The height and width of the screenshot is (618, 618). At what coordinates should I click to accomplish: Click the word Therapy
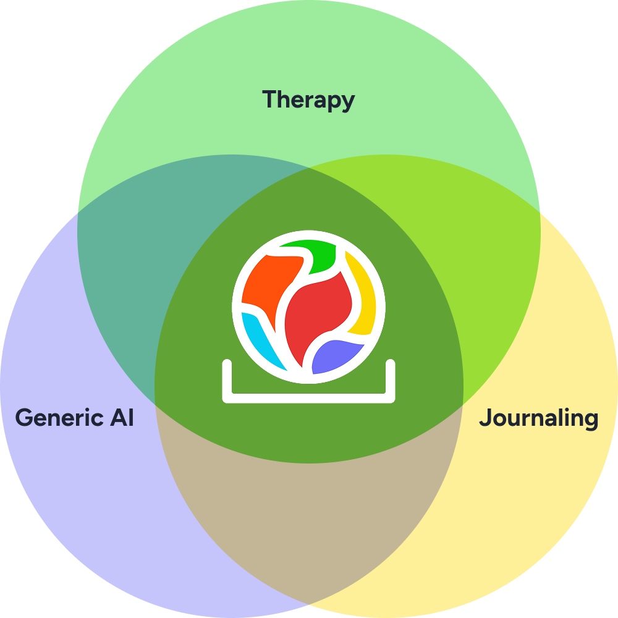pos(308,99)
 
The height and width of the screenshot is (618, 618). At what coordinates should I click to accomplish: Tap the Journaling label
pos(538,418)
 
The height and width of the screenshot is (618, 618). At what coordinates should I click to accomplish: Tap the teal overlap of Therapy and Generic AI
pos(136,247)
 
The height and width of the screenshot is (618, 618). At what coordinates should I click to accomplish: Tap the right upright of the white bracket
pos(391,380)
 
